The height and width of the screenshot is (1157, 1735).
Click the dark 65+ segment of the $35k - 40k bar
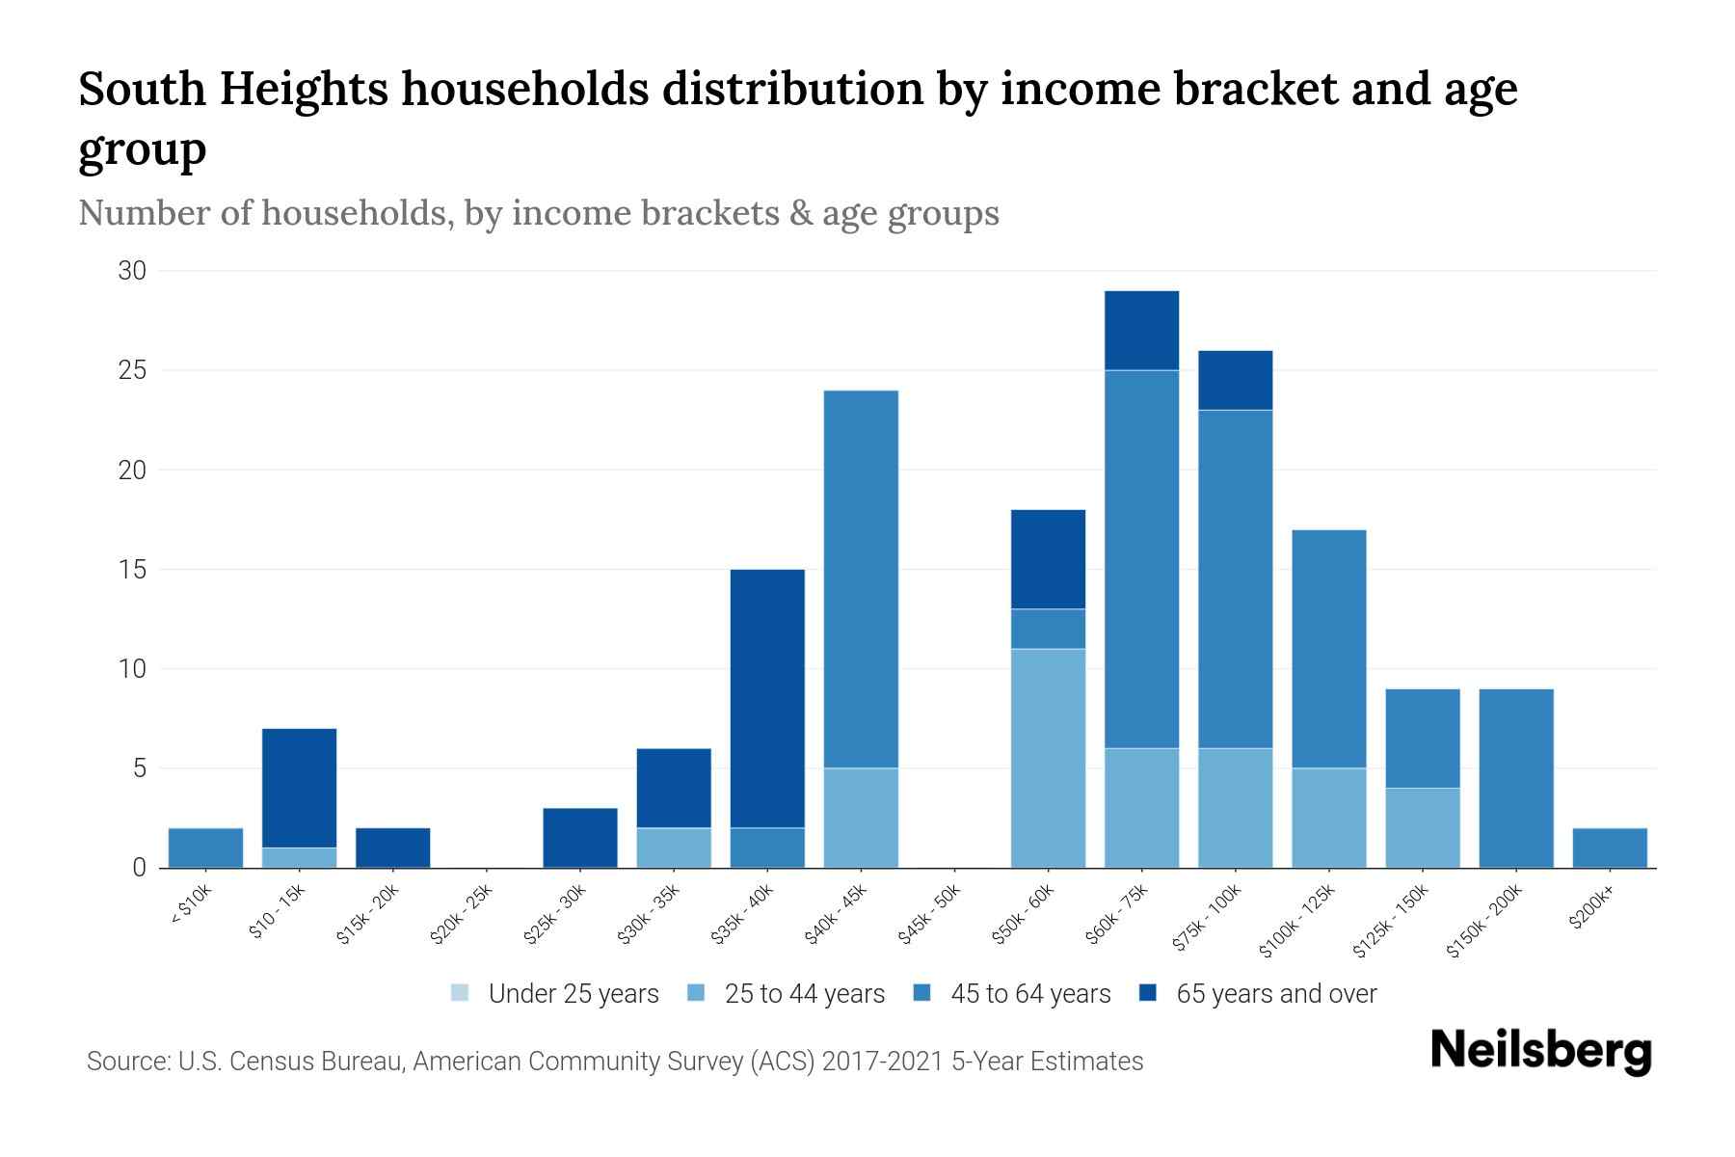pyautogui.click(x=767, y=698)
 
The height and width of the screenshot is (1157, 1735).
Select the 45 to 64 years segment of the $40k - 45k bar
pyautogui.click(x=861, y=578)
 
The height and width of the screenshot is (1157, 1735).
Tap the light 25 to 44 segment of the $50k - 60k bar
pyautogui.click(x=1048, y=758)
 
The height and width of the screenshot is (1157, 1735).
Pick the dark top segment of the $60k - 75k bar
pyautogui.click(x=1141, y=331)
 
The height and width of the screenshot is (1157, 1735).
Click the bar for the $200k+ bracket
pyautogui.click(x=1609, y=848)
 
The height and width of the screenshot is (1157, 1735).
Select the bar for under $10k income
pyautogui.click(x=205, y=848)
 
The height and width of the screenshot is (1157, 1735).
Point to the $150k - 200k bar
pyautogui.click(x=1515, y=778)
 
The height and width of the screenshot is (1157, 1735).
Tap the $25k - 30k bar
pyautogui.click(x=579, y=838)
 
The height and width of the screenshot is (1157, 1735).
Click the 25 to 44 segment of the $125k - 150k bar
pyautogui.click(x=1422, y=827)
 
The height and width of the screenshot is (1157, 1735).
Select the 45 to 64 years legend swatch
pyautogui.click(x=922, y=993)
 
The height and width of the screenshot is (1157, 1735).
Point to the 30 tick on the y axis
pyautogui.click(x=132, y=271)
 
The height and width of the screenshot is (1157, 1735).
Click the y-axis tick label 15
pyautogui.click(x=132, y=570)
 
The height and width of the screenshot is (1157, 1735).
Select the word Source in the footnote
pyautogui.click(x=125, y=1062)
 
